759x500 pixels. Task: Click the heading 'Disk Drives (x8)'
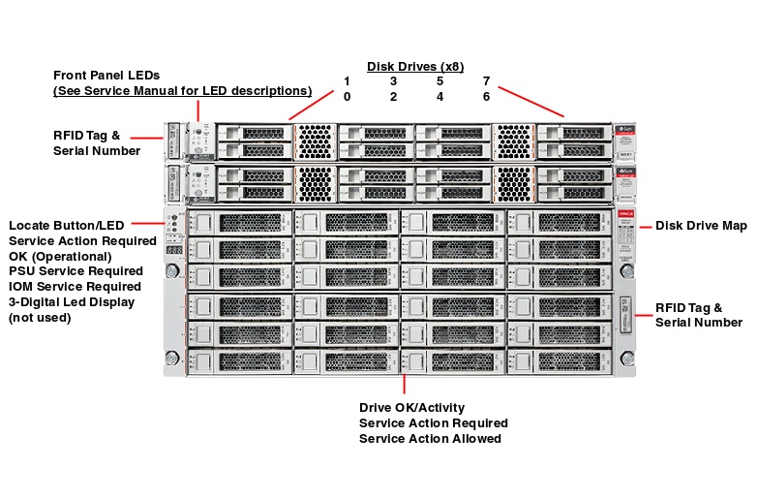(x=415, y=67)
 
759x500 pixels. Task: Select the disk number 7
(x=486, y=81)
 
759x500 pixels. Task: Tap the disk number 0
(x=347, y=97)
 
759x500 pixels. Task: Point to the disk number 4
(x=440, y=97)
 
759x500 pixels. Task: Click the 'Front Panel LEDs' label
(x=106, y=75)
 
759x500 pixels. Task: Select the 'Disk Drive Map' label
(x=701, y=226)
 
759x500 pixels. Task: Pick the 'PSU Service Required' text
(x=76, y=271)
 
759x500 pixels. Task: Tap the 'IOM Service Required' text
(x=75, y=287)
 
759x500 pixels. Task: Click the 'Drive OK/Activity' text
(x=411, y=408)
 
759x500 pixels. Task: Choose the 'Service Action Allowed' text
(x=430, y=439)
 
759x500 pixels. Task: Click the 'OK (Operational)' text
(x=60, y=256)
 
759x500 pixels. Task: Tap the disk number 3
(x=393, y=81)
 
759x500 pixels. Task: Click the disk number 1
(x=347, y=81)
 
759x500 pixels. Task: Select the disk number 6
(x=486, y=97)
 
